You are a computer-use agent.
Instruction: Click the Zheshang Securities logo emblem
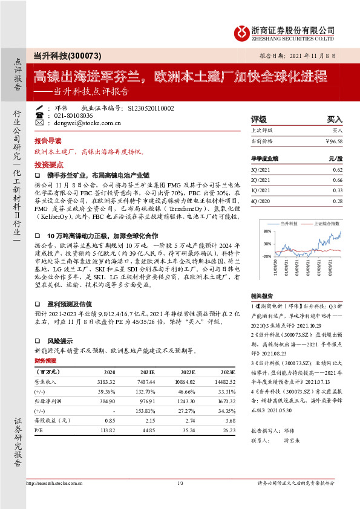pos(241,31)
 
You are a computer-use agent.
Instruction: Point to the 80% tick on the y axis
pos(267,231)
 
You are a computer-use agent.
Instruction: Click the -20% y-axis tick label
pos(266,256)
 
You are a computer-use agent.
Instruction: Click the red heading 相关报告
pos(263,296)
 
